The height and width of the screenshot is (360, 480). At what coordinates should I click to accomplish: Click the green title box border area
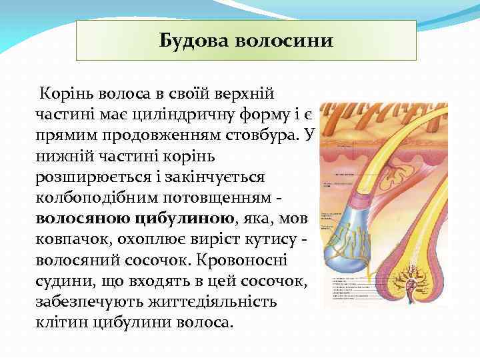(246, 21)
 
